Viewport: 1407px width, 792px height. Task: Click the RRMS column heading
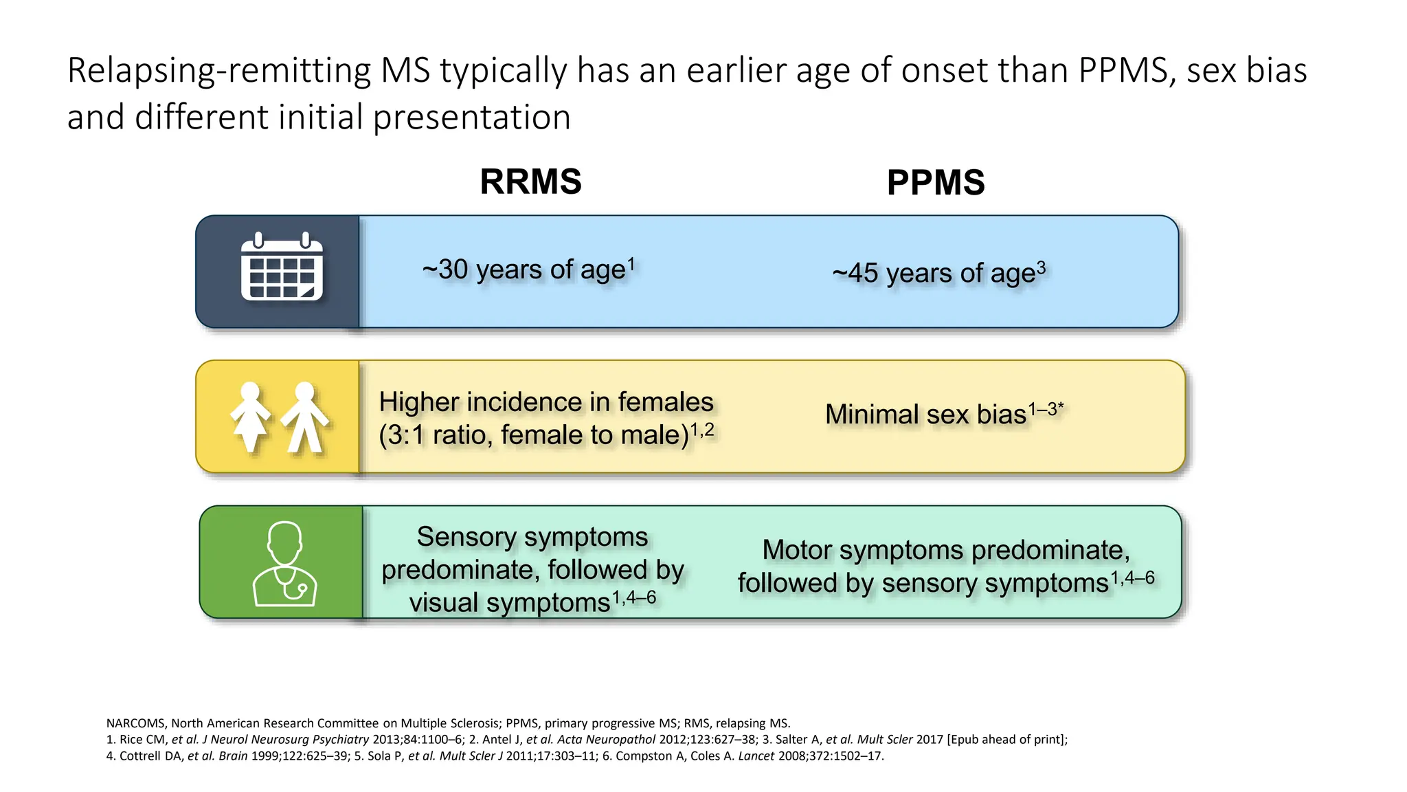[530, 181]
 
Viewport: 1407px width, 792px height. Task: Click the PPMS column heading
[936, 183]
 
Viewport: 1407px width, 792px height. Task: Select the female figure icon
[250, 416]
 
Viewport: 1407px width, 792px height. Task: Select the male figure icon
[305, 416]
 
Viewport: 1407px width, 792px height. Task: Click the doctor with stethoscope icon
[284, 564]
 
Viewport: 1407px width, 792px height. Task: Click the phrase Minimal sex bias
[925, 415]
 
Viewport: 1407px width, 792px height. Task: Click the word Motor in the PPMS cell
[797, 550]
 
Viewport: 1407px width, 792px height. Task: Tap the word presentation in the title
[471, 117]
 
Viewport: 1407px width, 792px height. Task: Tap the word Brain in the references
[233, 756]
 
